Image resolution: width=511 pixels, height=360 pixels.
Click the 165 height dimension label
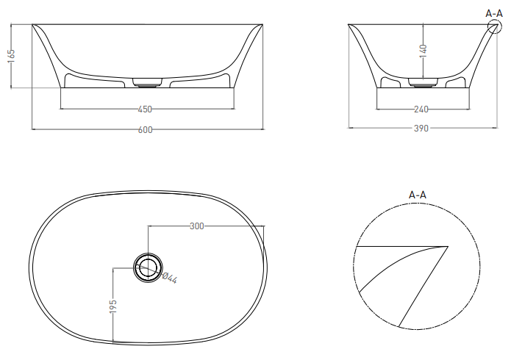[x=11, y=54]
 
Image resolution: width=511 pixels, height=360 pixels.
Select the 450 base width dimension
[x=145, y=109]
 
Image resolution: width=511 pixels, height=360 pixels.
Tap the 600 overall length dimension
[x=146, y=129]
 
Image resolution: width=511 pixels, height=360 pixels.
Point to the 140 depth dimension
[x=423, y=51]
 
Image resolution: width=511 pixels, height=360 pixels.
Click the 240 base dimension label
[x=421, y=109]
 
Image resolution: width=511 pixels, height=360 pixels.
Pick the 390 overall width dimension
[x=421, y=129]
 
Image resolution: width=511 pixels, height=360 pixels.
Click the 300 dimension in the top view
[x=197, y=226]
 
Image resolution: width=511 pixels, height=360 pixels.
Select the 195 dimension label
[x=112, y=306]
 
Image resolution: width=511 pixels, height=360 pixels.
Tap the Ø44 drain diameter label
[x=169, y=278]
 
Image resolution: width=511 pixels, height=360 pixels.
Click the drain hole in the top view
[x=148, y=267]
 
